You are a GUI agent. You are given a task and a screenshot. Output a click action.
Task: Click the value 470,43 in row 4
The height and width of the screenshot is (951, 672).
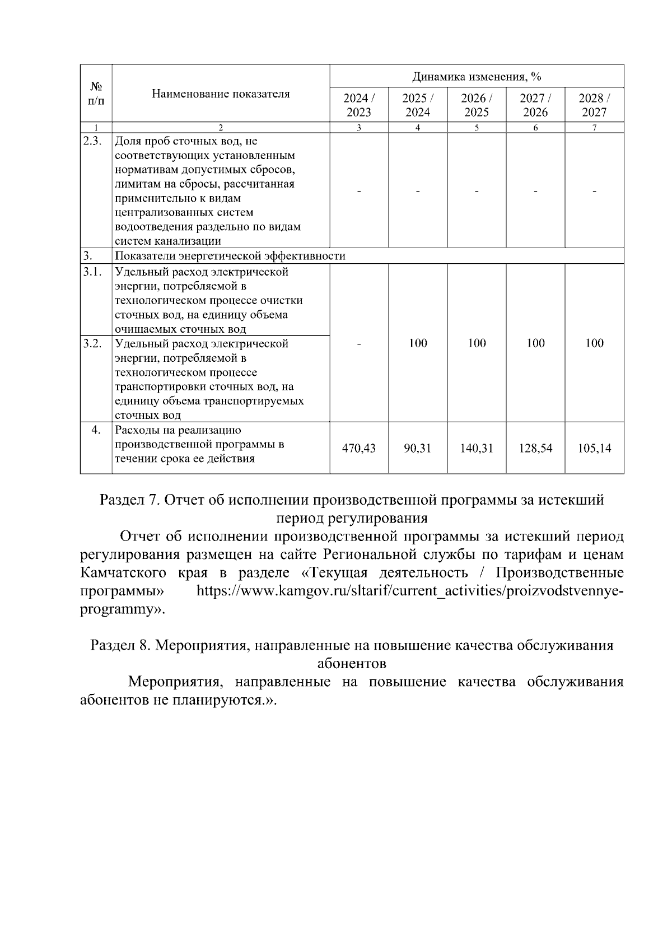359,448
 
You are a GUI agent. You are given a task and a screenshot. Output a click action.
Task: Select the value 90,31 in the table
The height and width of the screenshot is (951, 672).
418,448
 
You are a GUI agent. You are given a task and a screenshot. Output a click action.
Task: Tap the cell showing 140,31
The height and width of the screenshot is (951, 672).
477,448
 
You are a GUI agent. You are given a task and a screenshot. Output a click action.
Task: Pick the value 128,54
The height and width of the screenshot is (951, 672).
535,448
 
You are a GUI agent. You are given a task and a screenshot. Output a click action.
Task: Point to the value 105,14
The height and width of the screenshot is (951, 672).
594,448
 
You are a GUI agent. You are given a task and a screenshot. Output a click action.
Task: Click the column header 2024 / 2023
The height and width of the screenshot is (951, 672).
359,105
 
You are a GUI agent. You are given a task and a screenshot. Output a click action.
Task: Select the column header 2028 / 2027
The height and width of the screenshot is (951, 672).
594,105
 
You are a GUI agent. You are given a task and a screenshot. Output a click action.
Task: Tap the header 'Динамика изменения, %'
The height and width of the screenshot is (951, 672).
477,76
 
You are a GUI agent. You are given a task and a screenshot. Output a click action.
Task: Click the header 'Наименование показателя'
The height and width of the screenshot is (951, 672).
221,94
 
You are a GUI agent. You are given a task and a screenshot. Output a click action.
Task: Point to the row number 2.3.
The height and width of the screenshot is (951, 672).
92,141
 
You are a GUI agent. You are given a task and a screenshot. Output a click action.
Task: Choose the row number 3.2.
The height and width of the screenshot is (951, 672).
92,343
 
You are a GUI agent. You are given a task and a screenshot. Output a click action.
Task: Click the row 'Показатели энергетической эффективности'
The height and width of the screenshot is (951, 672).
230,257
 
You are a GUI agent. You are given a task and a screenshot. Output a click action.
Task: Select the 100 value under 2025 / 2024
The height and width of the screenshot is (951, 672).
418,343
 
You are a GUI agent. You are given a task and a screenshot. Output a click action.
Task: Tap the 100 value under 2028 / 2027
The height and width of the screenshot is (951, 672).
594,343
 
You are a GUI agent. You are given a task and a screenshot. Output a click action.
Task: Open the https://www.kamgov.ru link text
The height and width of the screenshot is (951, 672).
409,591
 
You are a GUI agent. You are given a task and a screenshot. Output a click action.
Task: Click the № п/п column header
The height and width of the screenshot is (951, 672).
96,94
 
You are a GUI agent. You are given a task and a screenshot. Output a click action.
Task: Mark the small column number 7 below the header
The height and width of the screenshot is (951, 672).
594,128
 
